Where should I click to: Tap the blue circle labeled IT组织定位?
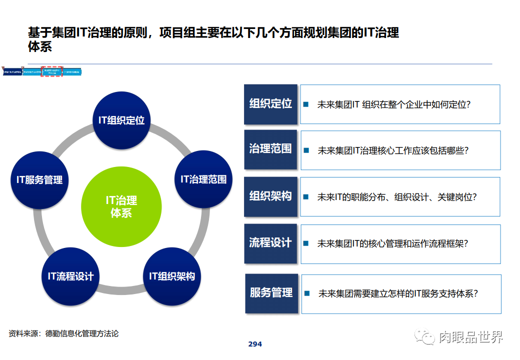[121, 120]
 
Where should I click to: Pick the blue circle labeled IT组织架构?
[171, 276]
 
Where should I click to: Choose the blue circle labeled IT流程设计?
[70, 276]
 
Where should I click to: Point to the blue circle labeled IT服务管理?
[39, 179]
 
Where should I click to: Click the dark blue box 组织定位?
[270, 104]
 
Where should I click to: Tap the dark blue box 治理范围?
[270, 149]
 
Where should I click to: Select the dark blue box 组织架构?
[270, 196]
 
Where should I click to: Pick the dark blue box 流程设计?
[270, 243]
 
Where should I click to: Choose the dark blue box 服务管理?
[271, 293]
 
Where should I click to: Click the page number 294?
[255, 344]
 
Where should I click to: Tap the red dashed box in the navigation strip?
[52, 71]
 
